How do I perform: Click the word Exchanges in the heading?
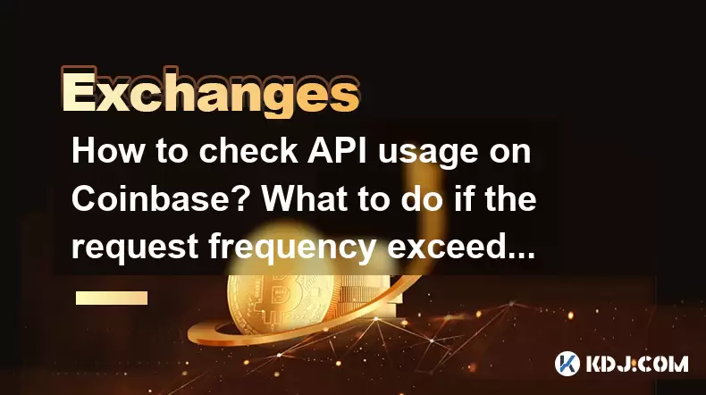pos(210,92)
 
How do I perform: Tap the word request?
pos(135,248)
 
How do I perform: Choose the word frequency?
pos(292,248)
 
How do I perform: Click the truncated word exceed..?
pos(461,247)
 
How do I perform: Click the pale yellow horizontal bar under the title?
pos(112,298)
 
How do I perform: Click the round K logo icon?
pos(567,364)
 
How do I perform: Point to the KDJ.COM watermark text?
pos(636,364)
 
